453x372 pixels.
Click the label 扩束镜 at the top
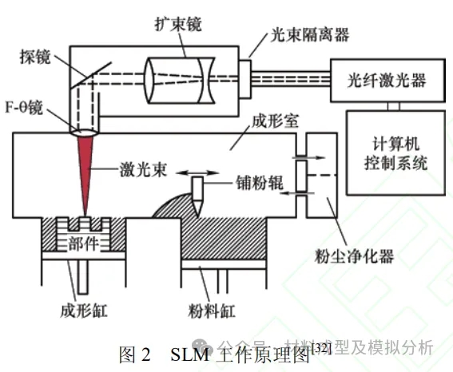[x=177, y=24]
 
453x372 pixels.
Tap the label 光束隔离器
[x=310, y=35]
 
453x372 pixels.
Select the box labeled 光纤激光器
[x=387, y=81]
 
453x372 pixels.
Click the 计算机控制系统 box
[x=395, y=153]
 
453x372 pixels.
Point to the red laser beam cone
[x=85, y=173]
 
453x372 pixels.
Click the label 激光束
[x=143, y=169]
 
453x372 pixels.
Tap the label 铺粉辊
[x=260, y=183]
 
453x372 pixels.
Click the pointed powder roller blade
[x=198, y=196]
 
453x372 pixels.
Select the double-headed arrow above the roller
[x=197, y=173]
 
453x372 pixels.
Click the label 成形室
[x=275, y=121]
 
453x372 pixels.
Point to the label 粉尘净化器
[x=354, y=256]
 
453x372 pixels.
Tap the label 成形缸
[x=84, y=311]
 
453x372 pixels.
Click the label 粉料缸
[x=212, y=311]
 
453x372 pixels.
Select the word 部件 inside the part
[x=84, y=243]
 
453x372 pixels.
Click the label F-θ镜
[x=24, y=108]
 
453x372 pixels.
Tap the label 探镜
[x=35, y=57]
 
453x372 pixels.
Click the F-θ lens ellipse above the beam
[x=85, y=133]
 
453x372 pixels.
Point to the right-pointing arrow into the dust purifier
[x=309, y=157]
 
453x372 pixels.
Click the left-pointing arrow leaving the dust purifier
[x=297, y=193]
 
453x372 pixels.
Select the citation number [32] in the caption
[x=320, y=349]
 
